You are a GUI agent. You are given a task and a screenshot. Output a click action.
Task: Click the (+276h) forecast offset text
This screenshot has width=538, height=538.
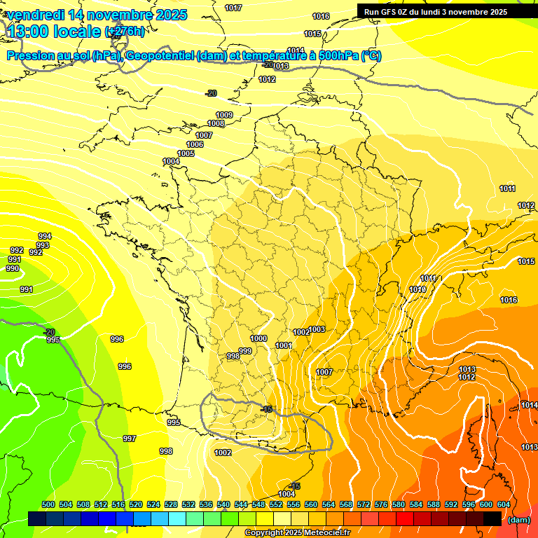point(125,32)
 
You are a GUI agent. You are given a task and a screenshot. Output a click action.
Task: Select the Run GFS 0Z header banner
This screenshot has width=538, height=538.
point(435,12)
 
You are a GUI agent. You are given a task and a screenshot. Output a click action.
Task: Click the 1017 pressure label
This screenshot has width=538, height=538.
point(233,8)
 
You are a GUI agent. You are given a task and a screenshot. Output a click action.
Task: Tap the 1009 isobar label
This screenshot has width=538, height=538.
point(224,115)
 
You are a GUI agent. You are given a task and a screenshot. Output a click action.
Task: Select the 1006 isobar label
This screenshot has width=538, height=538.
point(195,144)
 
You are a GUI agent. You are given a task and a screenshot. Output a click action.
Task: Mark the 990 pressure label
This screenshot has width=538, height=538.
point(13,268)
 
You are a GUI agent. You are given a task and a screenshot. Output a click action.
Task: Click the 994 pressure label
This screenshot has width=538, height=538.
point(45,236)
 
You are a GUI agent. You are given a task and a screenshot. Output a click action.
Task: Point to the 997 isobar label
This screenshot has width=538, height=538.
point(130,439)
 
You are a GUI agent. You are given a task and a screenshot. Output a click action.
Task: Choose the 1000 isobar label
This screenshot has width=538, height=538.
point(258,338)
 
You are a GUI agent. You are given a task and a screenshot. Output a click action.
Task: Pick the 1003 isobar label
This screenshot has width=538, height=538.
point(317,329)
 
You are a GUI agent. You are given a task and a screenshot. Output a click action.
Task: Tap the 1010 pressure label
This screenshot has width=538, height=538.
point(418,289)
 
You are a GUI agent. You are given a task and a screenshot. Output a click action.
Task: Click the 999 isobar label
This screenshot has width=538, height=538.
point(245,351)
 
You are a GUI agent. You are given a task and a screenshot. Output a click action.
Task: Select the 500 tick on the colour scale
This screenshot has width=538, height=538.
point(48,504)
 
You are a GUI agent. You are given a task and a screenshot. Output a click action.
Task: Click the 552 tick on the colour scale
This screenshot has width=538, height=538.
point(276,504)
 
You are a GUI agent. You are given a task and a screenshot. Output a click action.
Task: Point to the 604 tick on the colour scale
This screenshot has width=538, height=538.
point(503,504)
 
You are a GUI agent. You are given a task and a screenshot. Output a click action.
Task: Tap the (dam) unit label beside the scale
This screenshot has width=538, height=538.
point(518,520)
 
